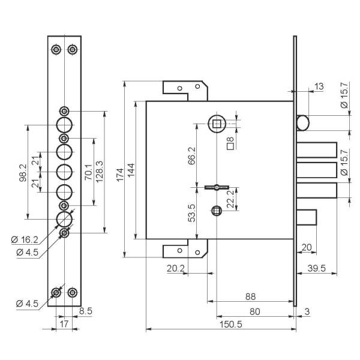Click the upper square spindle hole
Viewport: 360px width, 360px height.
click(x=217, y=124)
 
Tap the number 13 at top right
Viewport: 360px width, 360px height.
click(x=318, y=87)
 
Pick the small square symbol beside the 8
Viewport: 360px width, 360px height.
click(x=229, y=145)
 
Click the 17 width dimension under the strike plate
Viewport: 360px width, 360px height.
click(x=64, y=324)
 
